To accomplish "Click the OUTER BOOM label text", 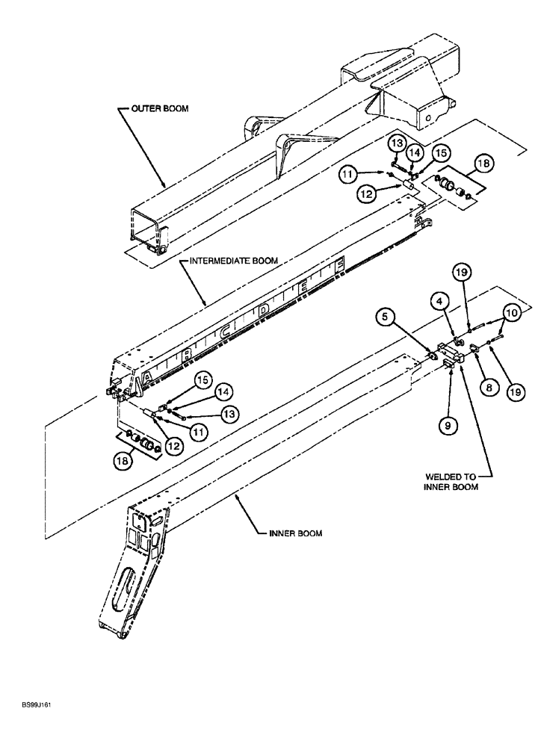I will [161, 108].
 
